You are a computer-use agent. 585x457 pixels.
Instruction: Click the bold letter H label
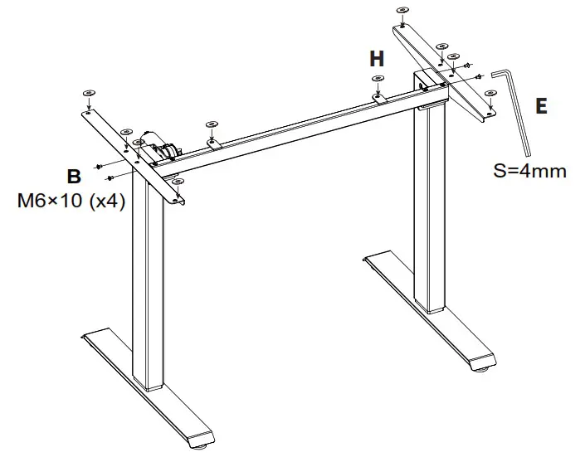pos(377,59)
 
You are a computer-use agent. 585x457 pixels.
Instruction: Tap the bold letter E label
pos(541,106)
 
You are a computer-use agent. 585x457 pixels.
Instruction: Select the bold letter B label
pos(74,176)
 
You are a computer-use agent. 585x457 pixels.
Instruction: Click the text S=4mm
pos(529,172)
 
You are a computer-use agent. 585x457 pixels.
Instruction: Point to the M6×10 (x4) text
pos(71,201)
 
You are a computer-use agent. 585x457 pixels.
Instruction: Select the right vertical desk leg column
pos(431,207)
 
